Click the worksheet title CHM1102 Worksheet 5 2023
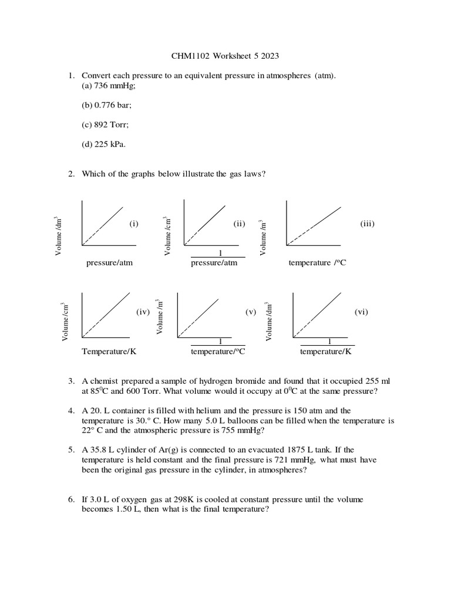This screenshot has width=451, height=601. pyautogui.click(x=225, y=57)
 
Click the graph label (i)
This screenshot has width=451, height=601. pyautogui.click(x=134, y=223)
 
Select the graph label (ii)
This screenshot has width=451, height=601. pyautogui.click(x=239, y=223)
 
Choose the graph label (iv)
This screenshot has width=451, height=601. pyautogui.click(x=143, y=312)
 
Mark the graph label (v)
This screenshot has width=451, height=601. pyautogui.click(x=251, y=312)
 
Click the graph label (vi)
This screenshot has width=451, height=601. pyautogui.click(x=361, y=312)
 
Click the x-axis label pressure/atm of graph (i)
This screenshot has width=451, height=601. pyautogui.click(x=109, y=263)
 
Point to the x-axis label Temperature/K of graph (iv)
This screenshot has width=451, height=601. pyautogui.click(x=109, y=352)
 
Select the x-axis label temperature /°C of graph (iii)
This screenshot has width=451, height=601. pyautogui.click(x=317, y=263)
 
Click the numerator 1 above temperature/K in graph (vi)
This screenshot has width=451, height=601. pyautogui.click(x=329, y=342)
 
